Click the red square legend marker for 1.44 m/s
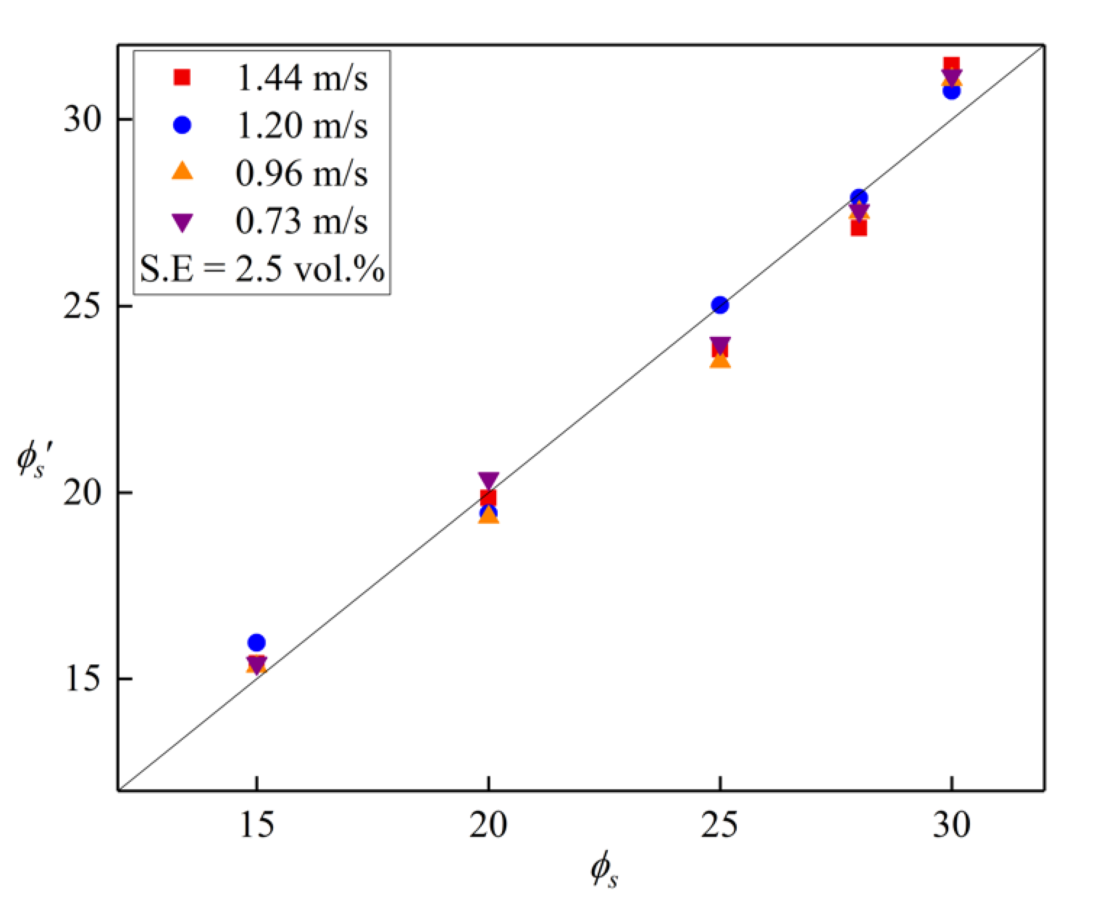[x=182, y=78]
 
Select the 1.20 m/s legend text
[x=302, y=126]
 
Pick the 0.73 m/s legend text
[x=302, y=221]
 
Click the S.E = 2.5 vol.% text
[x=262, y=268]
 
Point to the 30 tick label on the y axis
[x=82, y=119]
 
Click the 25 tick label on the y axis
[x=82, y=306]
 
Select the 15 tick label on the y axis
[x=82, y=679]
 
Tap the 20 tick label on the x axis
[x=488, y=825]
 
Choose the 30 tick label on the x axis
[x=951, y=825]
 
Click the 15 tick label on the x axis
[x=257, y=825]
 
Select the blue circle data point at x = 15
[x=257, y=643]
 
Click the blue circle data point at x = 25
[x=720, y=305]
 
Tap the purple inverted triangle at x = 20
[x=488, y=479]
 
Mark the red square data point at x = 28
[x=859, y=229]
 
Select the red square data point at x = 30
[x=951, y=64]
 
